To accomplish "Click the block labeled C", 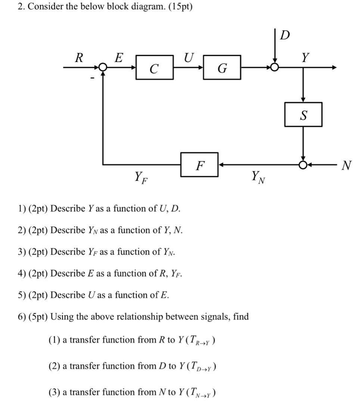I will click(x=154, y=68).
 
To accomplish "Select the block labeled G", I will click(x=222, y=68).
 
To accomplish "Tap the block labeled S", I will click(x=303, y=115).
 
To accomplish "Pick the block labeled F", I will click(x=199, y=164).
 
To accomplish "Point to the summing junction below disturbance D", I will click(x=275, y=68).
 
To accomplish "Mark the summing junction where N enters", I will click(x=303, y=164).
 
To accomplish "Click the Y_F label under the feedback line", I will click(x=141, y=176).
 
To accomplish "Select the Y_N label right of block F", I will click(x=258, y=176).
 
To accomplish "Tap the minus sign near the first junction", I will click(x=91, y=77).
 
